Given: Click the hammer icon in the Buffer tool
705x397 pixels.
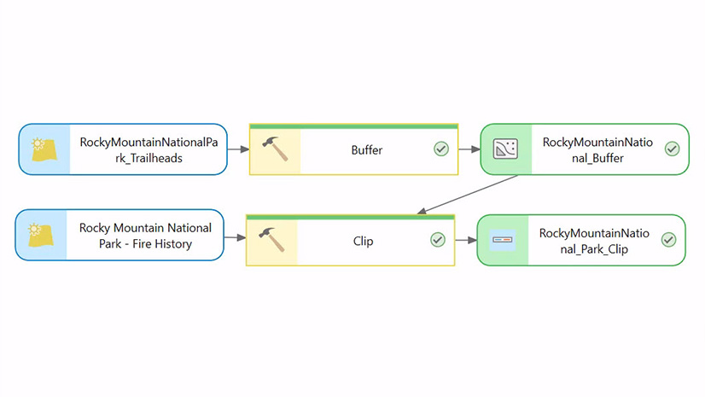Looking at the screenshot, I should click(x=274, y=149).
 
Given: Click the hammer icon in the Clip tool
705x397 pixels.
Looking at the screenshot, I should click(x=271, y=240).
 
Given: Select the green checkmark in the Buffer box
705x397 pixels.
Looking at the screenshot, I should click(x=441, y=149).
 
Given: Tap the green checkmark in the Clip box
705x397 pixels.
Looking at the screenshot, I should click(x=438, y=240).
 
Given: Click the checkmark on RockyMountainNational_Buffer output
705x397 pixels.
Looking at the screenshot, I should click(x=672, y=149).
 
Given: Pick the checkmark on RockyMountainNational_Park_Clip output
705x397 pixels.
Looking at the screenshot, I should click(x=668, y=240).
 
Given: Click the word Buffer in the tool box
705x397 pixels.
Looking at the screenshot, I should click(x=367, y=150).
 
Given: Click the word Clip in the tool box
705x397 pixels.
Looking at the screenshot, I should click(x=364, y=241).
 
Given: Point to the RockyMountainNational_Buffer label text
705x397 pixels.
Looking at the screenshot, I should click(x=597, y=149).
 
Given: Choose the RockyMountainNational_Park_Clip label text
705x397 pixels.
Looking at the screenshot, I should click(x=594, y=240).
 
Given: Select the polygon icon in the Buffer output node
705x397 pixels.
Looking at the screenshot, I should click(x=506, y=149).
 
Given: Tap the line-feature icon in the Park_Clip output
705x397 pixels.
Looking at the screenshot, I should click(x=503, y=240).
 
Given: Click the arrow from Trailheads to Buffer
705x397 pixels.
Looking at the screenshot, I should click(x=238, y=149).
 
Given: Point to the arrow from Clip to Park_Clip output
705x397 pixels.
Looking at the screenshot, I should click(x=465, y=240).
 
